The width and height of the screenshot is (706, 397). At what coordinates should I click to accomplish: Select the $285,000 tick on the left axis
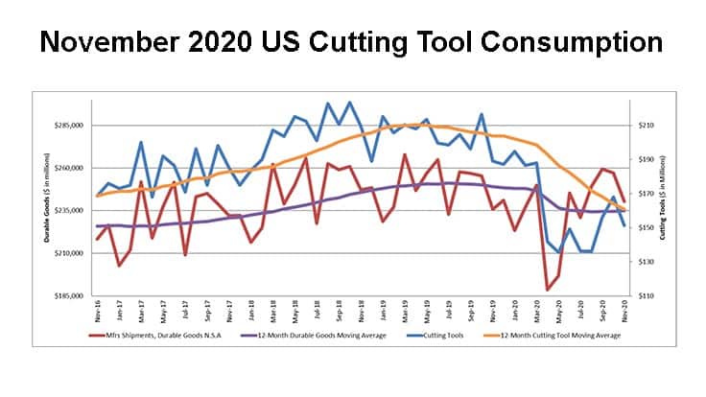72,126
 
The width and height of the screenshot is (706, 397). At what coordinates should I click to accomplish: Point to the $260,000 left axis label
72,168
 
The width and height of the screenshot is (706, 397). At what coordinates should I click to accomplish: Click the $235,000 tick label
72,211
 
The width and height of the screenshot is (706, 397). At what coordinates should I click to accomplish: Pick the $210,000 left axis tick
72,253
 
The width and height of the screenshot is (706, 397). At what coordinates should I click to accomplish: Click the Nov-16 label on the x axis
98,313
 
